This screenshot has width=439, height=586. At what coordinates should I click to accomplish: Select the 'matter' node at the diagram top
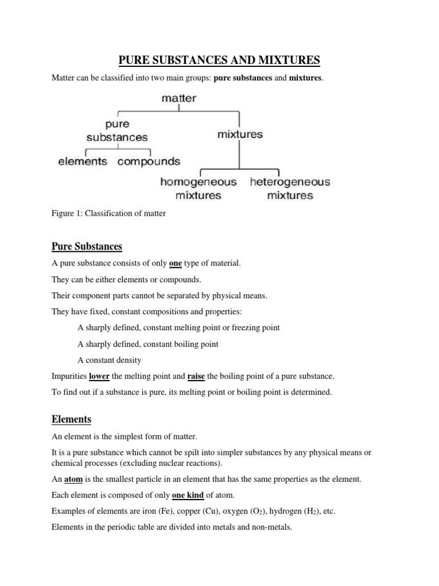tap(179, 98)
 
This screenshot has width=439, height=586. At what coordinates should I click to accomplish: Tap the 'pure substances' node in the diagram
tap(117, 130)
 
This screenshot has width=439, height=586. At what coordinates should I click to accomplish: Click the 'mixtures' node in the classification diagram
tap(240, 134)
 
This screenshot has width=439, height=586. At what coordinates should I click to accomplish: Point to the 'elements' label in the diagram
tap(82, 161)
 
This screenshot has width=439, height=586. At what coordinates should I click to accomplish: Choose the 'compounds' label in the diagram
tap(149, 161)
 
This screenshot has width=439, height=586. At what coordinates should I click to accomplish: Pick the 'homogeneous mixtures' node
tap(198, 188)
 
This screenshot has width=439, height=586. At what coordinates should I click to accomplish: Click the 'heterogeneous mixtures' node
tap(290, 188)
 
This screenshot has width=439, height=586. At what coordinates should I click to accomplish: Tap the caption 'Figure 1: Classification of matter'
tap(109, 213)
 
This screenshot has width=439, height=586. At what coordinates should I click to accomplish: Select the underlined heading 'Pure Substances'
tap(87, 247)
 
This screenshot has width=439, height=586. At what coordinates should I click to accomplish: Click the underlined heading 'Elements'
tap(71, 419)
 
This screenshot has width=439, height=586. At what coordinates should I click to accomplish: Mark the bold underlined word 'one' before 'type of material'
tap(175, 263)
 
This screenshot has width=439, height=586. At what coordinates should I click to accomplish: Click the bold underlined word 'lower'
tap(99, 376)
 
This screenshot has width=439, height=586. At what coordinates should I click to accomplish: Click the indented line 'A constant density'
tap(109, 360)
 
